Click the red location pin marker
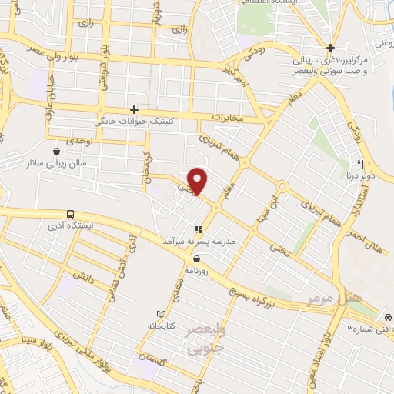pyautogui.click(x=199, y=181)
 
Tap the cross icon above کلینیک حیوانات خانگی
pyautogui.click(x=135, y=110)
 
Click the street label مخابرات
pyautogui.click(x=227, y=118)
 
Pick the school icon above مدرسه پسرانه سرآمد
pyautogui.click(x=199, y=229)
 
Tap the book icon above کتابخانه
pyautogui.click(x=161, y=314)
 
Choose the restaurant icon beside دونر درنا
pyautogui.click(x=359, y=164)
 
